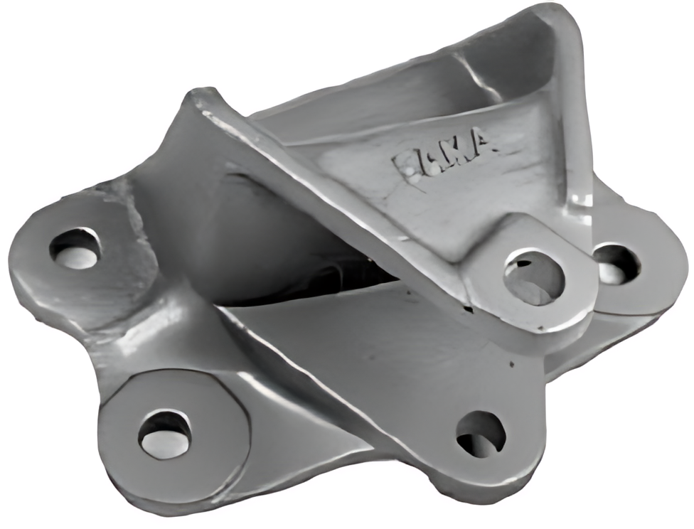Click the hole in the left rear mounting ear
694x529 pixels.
(x=75, y=248)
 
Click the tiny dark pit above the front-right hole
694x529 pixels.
(x=511, y=363)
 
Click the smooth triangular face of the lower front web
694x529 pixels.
(x=356, y=356)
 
